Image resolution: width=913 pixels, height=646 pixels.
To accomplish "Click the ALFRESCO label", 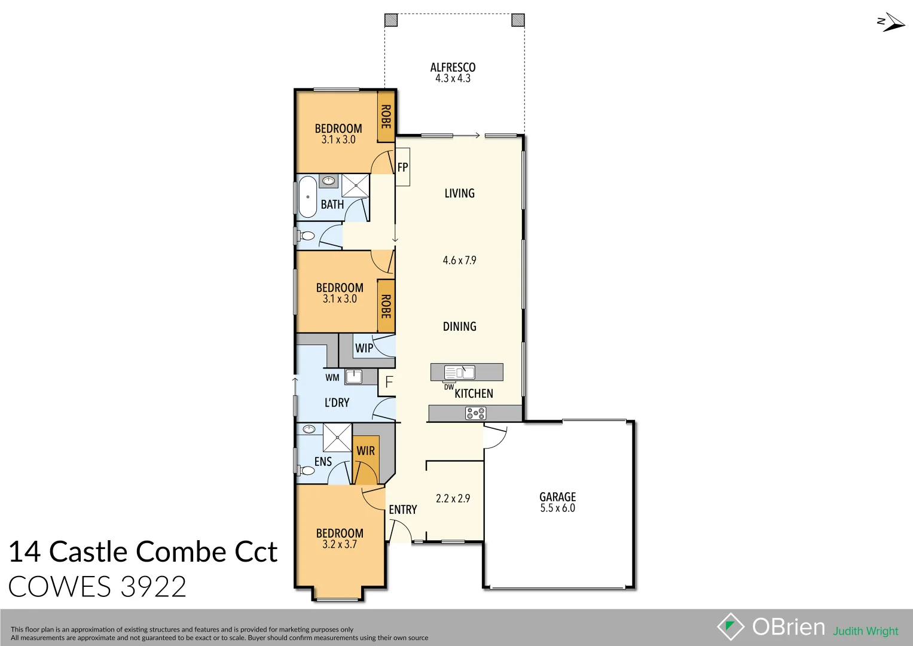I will point(453,68).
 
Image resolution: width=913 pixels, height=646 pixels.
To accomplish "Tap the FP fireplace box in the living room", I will point(402,167).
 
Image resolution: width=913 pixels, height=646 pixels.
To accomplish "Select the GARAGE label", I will point(557,497).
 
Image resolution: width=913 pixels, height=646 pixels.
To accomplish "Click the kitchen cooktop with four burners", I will point(475,413).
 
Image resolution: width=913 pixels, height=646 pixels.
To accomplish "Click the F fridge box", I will point(389,382).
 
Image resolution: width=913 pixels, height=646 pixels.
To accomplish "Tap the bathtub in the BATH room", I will point(307,197).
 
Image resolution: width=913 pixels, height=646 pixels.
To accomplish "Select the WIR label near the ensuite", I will point(365,451).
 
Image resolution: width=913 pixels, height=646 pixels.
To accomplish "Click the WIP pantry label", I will point(364,348).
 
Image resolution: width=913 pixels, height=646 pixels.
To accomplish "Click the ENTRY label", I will point(403,510).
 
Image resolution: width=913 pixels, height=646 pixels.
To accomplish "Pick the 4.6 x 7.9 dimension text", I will point(459,260).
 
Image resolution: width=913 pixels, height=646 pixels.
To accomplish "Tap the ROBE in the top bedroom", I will point(386,117).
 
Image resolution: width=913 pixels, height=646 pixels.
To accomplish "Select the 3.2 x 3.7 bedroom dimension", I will point(339,544).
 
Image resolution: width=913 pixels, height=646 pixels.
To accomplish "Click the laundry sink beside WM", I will point(353,376).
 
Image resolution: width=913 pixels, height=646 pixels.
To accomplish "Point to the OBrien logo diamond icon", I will point(731,627).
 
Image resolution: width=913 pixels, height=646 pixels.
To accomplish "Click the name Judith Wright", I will point(865,631).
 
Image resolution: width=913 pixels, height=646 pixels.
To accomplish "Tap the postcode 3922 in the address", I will point(153,587).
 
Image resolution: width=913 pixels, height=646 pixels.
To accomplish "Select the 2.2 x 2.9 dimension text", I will point(453,498).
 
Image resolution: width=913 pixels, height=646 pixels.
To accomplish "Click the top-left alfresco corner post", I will point(390,20).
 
